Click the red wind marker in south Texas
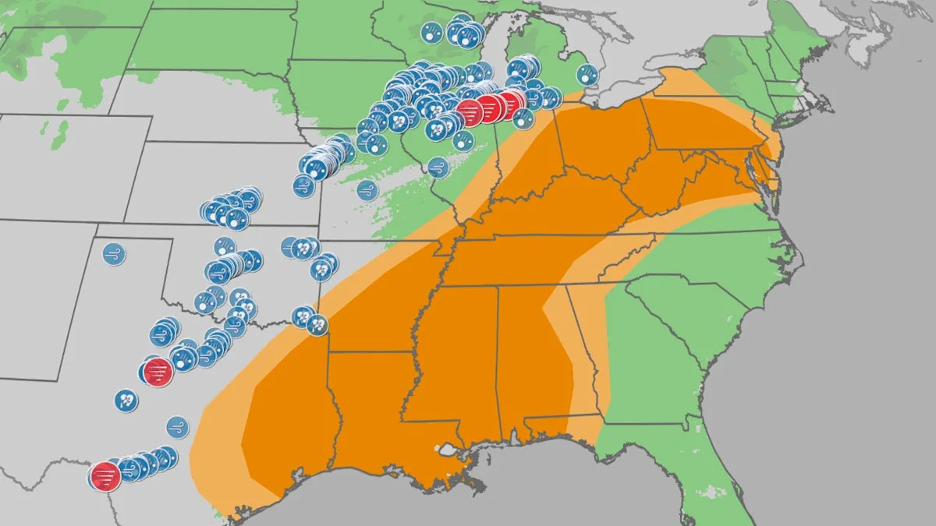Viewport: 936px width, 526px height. [x=105, y=476]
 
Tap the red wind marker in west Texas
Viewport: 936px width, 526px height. [x=158, y=372]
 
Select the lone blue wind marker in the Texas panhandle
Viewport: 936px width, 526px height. [x=114, y=254]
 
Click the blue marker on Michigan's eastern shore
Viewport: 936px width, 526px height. [x=587, y=76]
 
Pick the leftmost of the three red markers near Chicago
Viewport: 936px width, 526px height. [x=470, y=113]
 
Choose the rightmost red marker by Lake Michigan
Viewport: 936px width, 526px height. [x=512, y=104]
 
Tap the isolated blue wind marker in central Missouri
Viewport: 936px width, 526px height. [x=367, y=190]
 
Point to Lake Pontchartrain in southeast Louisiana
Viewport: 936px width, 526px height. [x=448, y=450]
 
